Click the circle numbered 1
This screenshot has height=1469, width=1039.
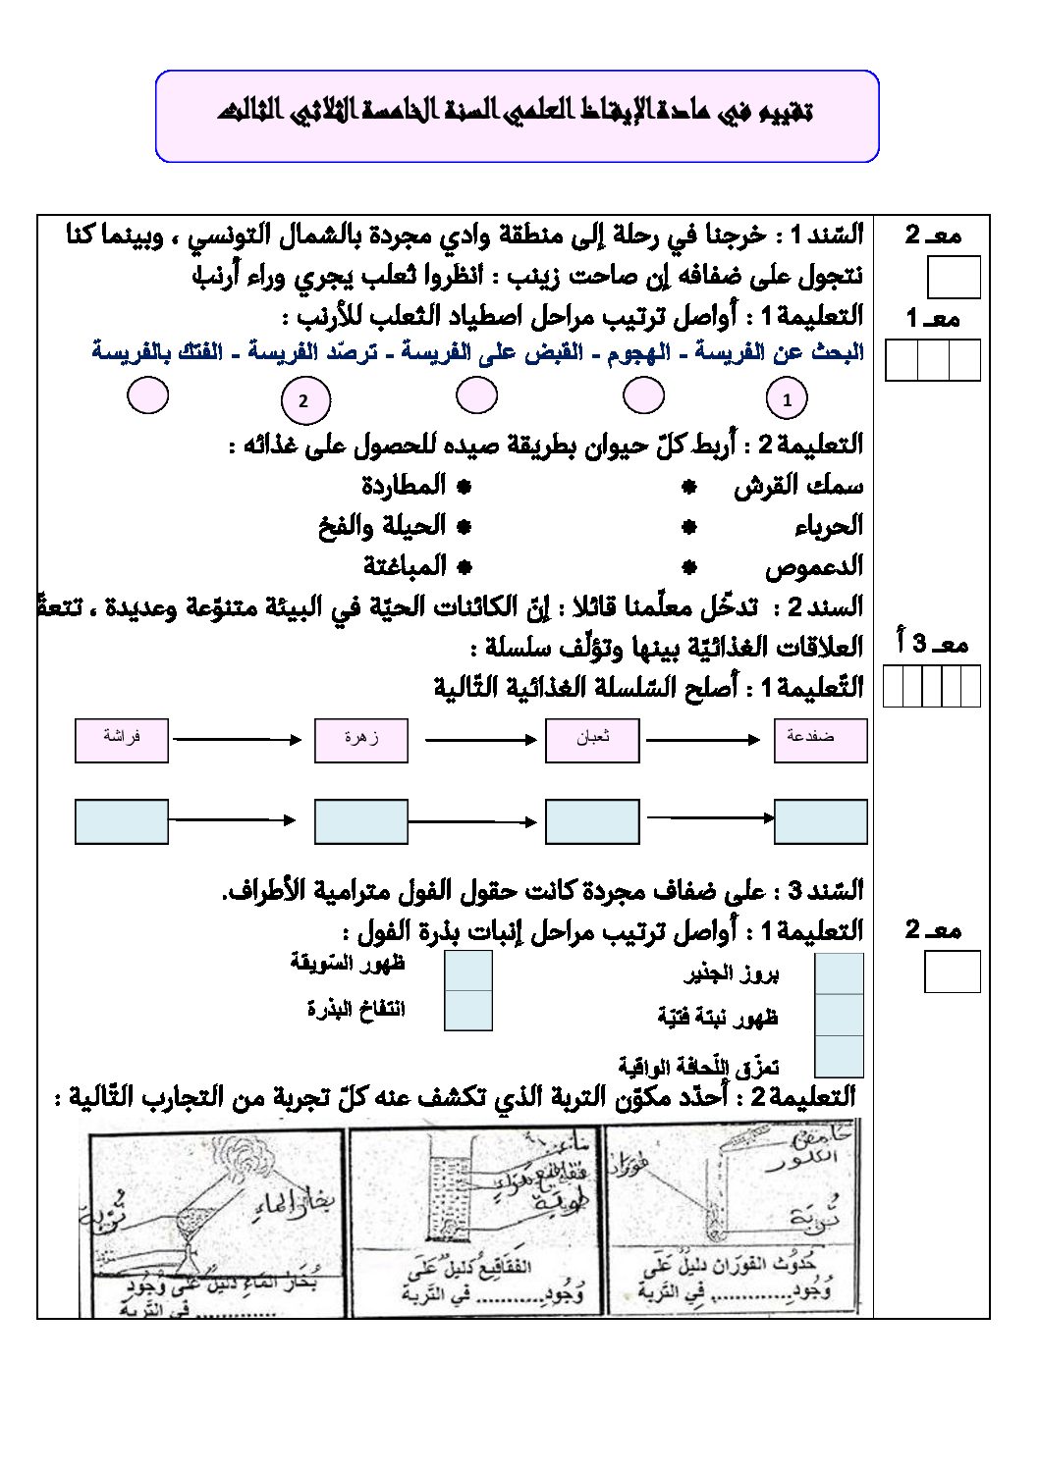pyautogui.click(x=787, y=399)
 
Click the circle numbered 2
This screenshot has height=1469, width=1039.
pyautogui.click(x=303, y=400)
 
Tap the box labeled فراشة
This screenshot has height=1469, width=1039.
pyautogui.click(x=122, y=740)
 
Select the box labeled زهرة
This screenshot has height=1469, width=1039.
pyautogui.click(x=360, y=740)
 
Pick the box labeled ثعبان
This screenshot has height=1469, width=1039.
pyautogui.click(x=592, y=740)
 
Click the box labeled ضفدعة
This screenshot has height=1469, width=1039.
pyautogui.click(x=820, y=740)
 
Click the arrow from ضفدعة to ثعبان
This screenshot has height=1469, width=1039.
pyautogui.click(x=703, y=740)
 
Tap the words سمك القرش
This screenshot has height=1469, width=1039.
pyautogui.click(x=798, y=486)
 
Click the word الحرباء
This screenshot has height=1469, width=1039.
pyautogui.click(x=829, y=526)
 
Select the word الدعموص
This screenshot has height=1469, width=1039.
pyautogui.click(x=814, y=566)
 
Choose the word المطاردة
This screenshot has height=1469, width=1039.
pyautogui.click(x=403, y=486)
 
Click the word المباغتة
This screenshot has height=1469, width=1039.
pyautogui.click(x=405, y=566)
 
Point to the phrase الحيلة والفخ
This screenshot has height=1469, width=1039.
pyautogui.click(x=382, y=526)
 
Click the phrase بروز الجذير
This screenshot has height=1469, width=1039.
pyautogui.click(x=732, y=973)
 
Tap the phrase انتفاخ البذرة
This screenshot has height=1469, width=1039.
pyautogui.click(x=355, y=1009)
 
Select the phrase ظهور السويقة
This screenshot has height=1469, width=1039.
pyautogui.click(x=348, y=963)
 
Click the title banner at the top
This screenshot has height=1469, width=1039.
pyautogui.click(x=517, y=115)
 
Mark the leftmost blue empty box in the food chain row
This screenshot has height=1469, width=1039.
pyautogui.click(x=122, y=821)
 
